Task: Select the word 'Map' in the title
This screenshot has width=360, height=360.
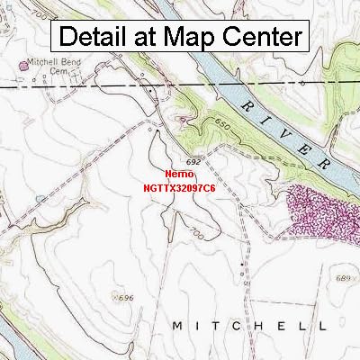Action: click(x=192, y=37)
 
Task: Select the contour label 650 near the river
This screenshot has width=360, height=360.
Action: click(x=223, y=130)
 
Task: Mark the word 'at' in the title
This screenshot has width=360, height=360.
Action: click(x=149, y=38)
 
